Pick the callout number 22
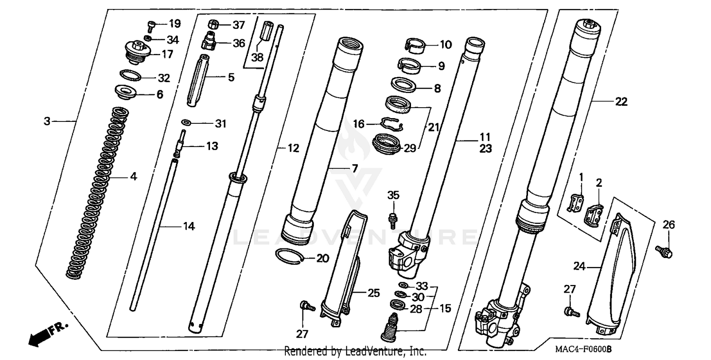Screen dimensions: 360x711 click(621, 102)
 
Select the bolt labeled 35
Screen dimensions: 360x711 click(392, 218)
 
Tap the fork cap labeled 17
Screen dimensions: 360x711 click(137, 51)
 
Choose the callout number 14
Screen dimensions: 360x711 click(189, 227)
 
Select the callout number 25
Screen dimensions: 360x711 click(374, 293)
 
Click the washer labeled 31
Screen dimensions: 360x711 click(187, 123)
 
